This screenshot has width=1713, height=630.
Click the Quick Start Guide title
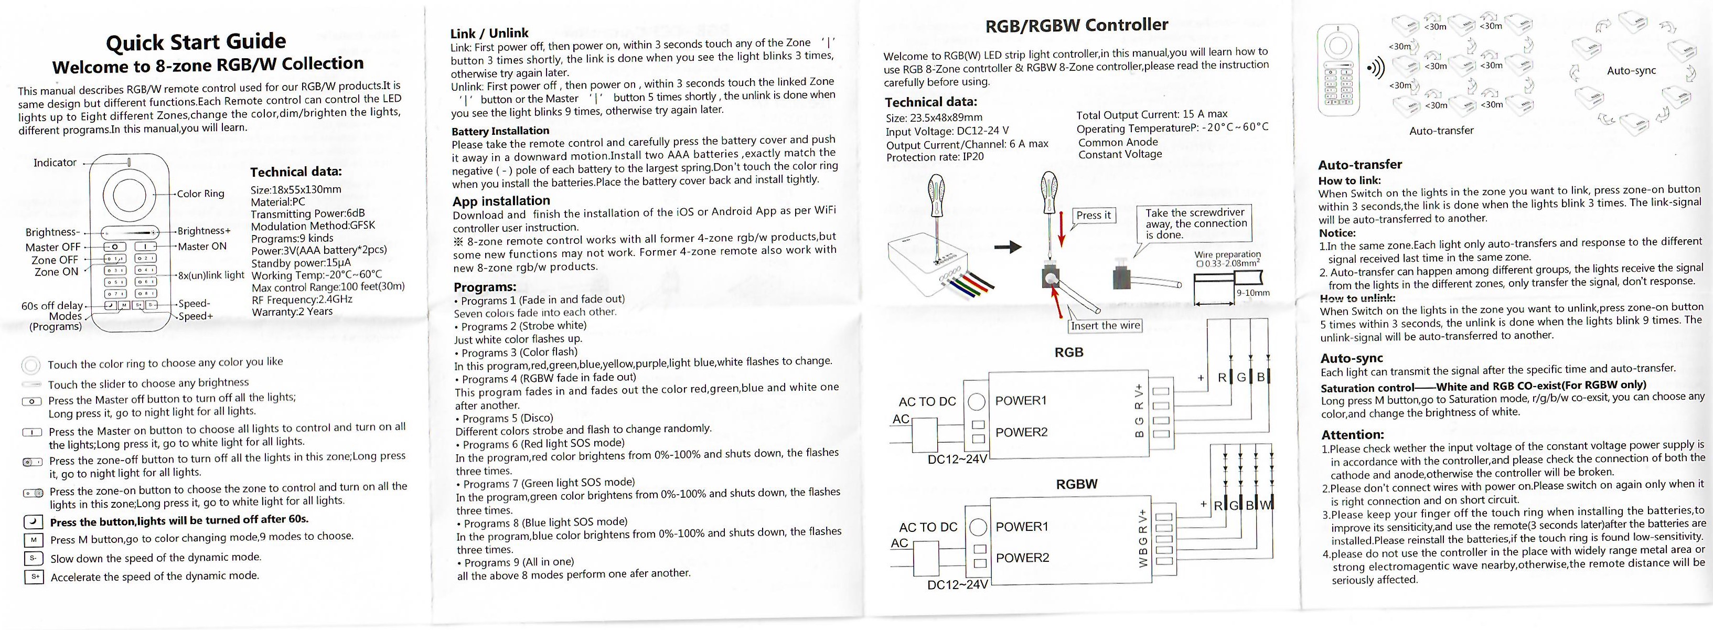[196, 42]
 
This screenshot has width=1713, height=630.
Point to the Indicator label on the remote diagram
[55, 162]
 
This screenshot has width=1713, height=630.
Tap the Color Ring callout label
[201, 194]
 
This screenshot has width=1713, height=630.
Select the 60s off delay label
[52, 306]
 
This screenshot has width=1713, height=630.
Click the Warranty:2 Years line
[292, 312]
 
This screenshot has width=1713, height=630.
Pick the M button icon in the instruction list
[33, 540]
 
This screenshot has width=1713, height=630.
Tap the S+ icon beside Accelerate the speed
[33, 577]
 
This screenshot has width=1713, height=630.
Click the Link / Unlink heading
[489, 33]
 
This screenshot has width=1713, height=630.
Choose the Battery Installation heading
[500, 131]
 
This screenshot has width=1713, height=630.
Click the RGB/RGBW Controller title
[1076, 25]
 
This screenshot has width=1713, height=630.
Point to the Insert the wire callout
[1105, 325]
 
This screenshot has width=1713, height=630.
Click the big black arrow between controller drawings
[1008, 248]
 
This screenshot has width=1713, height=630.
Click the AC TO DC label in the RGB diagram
[927, 402]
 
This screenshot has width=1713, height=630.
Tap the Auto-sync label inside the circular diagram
[1631, 70]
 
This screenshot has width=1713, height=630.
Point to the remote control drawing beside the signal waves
[1338, 68]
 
